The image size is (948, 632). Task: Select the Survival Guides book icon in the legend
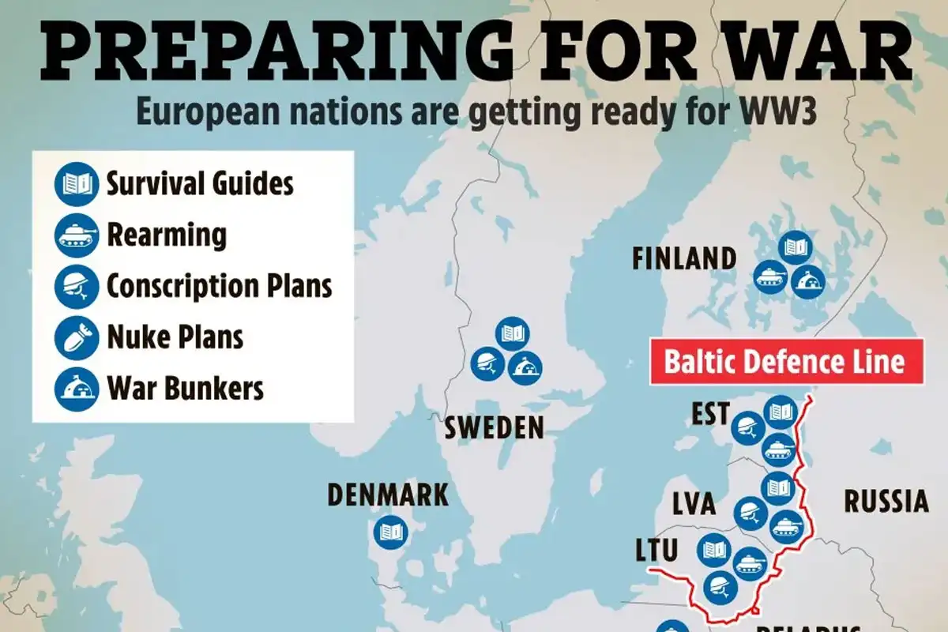pos(76,185)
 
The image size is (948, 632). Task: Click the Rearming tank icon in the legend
pos(76,235)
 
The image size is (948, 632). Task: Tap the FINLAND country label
pos(684,258)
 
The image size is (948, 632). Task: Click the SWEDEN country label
pos(494,427)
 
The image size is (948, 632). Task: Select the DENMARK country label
pos(388,495)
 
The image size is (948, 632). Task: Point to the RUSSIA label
pos(886,501)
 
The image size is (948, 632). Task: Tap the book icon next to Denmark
pos(392,532)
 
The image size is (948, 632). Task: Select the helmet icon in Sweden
pos(488,363)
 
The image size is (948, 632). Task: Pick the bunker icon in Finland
pos(808,279)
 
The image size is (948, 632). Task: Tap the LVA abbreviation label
pos(694,503)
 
